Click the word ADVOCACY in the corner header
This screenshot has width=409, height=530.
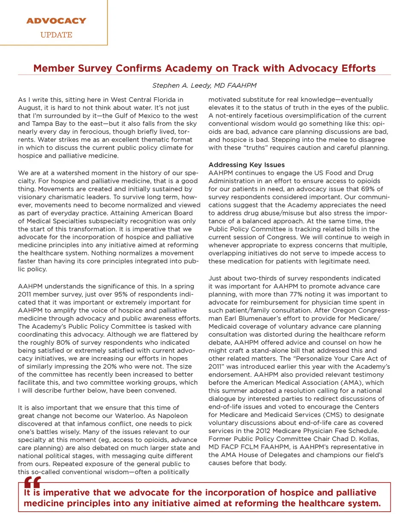[56, 20]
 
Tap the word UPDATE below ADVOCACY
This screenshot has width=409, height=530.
[56, 35]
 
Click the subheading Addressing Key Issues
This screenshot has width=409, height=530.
[246, 165]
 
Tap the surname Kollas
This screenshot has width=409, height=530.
[369, 439]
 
